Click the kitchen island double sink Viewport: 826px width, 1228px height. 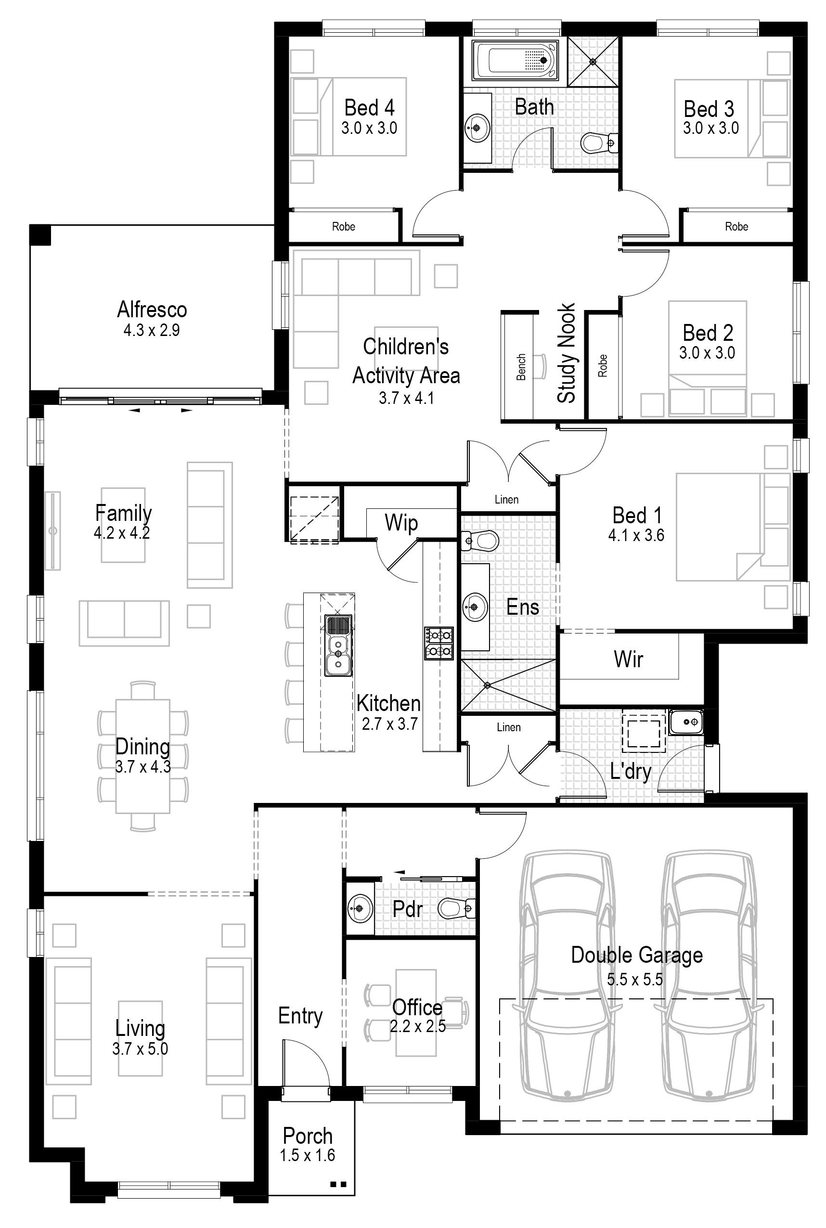click(338, 646)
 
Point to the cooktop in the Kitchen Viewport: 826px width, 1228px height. click(439, 643)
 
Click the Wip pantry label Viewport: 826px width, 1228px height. click(401, 523)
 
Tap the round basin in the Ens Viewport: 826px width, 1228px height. click(475, 607)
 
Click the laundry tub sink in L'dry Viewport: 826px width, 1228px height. click(686, 722)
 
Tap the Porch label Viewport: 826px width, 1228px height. click(308, 1136)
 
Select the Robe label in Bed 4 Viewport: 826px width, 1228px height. click(344, 227)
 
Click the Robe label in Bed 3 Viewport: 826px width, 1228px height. click(736, 227)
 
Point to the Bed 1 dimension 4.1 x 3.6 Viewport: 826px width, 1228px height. click(636, 535)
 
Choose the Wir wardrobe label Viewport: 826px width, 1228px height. click(629, 659)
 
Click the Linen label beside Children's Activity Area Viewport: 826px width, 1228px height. click(507, 499)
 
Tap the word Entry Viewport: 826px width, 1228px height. click(300, 1016)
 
